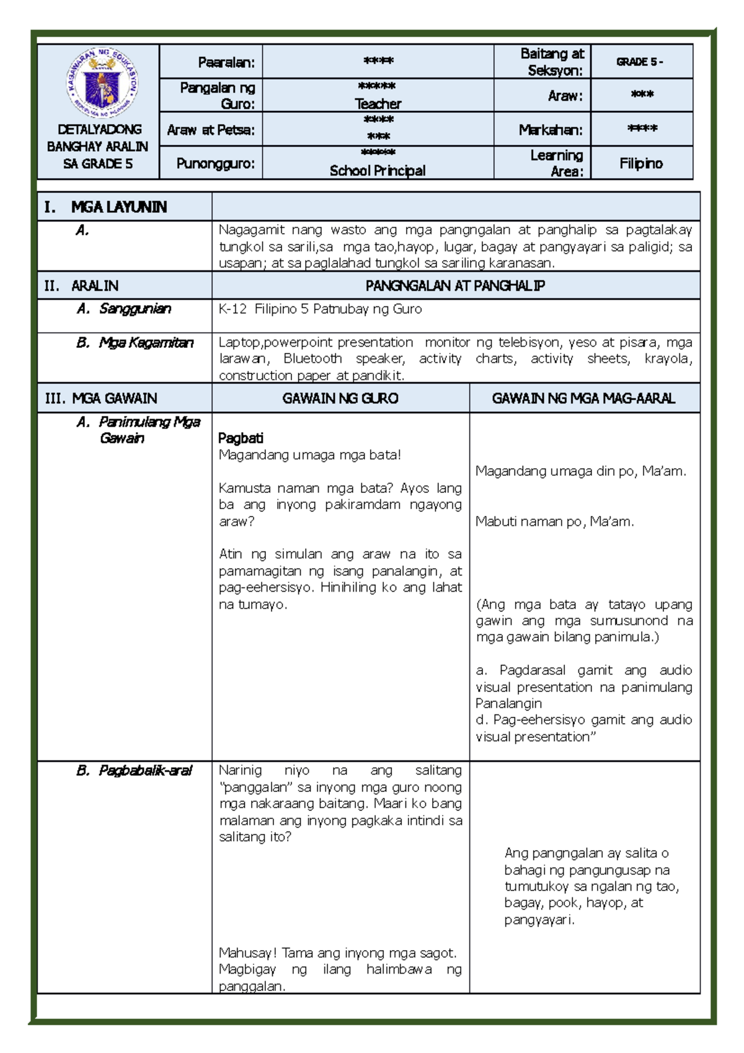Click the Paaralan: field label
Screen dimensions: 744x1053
click(x=226, y=62)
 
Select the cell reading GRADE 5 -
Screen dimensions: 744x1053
click(x=639, y=62)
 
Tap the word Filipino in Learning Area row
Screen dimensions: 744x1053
click(x=641, y=164)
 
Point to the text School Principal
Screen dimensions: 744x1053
click(x=378, y=171)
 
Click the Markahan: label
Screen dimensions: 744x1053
click(x=551, y=130)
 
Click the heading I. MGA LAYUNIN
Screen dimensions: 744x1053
click(x=105, y=207)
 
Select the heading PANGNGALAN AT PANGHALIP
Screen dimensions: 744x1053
click(x=455, y=286)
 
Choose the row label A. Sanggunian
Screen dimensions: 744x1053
click(x=124, y=309)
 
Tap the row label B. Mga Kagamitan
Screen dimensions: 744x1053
click(x=135, y=343)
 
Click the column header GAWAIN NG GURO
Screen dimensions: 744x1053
click(x=340, y=398)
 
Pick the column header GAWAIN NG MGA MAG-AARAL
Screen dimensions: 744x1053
click(x=583, y=398)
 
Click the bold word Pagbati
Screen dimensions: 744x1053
click(x=241, y=438)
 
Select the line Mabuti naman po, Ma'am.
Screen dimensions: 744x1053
click(x=554, y=522)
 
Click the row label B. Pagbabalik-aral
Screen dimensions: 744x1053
click(x=135, y=771)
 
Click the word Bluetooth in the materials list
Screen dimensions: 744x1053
click(x=312, y=358)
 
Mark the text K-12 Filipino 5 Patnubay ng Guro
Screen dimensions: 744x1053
click(x=320, y=309)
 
